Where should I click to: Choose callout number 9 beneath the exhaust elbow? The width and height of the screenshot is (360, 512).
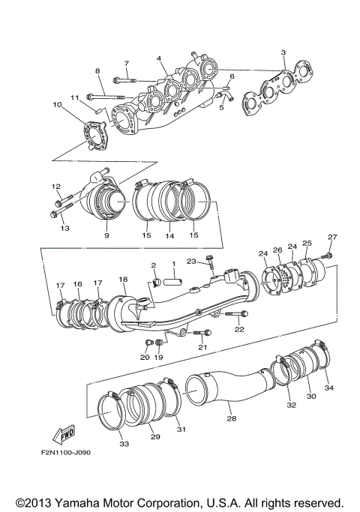coord(106,235)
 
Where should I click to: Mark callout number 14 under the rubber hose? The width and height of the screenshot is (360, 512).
coord(169,235)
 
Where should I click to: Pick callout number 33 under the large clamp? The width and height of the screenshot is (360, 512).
coord(124,444)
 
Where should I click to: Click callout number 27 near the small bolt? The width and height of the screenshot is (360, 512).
coord(332,238)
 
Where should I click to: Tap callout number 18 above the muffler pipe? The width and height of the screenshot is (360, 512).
coord(123,279)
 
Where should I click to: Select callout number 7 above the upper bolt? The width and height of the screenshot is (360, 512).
coord(126,63)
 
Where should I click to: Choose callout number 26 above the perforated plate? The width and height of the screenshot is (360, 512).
coord(277,250)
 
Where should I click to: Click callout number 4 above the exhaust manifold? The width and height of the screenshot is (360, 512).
coord(159,58)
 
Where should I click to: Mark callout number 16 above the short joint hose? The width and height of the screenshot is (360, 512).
coord(77,285)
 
